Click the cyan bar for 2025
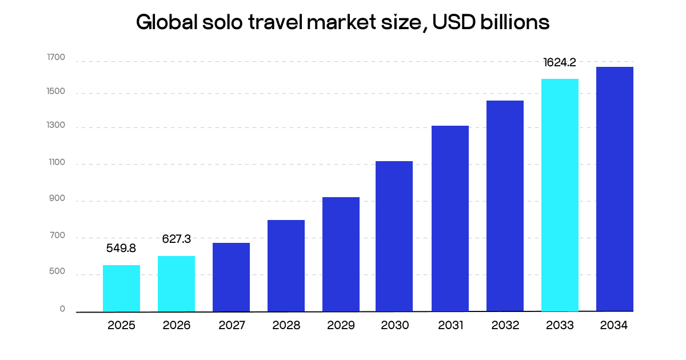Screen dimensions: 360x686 pyautogui.click(x=121, y=289)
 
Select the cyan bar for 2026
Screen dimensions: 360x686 pyautogui.click(x=176, y=284)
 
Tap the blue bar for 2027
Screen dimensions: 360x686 pyautogui.click(x=231, y=277)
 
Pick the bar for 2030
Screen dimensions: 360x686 pyautogui.click(x=394, y=236)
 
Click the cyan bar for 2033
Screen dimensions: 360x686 pyautogui.click(x=560, y=195)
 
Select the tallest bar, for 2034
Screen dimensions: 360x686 pyautogui.click(x=615, y=189)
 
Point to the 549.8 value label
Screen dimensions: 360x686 pyautogui.click(x=121, y=249)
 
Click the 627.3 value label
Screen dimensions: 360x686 pyautogui.click(x=176, y=238)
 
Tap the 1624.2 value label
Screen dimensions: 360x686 pyautogui.click(x=560, y=62)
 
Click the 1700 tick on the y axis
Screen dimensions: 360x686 pyautogui.click(x=56, y=58)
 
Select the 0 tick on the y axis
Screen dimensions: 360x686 pyautogui.click(x=62, y=309)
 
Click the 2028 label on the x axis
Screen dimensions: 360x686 pyautogui.click(x=286, y=326)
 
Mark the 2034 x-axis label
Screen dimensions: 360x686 pyautogui.click(x=615, y=326)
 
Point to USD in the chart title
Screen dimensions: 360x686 pyautogui.click(x=449, y=22)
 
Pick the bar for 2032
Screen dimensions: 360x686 pyautogui.click(x=505, y=206)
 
